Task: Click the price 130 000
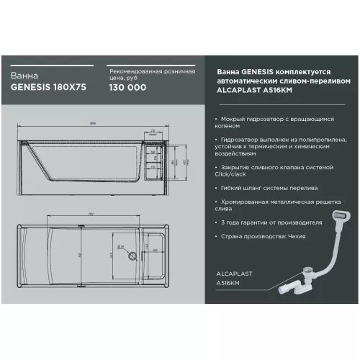(127, 88)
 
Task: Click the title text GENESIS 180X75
(43, 88)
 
